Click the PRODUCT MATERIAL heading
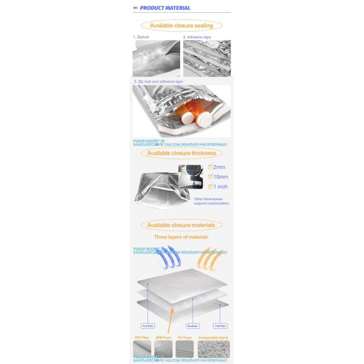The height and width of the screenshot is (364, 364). (x=164, y=8)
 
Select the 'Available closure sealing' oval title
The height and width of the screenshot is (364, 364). (x=181, y=26)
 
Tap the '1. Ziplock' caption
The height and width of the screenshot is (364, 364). (x=141, y=37)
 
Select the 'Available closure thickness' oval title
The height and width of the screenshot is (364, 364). (x=181, y=153)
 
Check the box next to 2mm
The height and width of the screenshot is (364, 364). (x=210, y=167)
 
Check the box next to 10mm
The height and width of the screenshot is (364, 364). (x=210, y=177)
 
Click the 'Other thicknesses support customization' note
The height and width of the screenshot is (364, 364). (x=212, y=201)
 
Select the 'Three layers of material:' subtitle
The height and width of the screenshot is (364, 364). (x=181, y=237)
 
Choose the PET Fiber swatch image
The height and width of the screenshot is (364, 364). (x=142, y=349)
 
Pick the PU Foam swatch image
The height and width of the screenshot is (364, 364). (x=185, y=349)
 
